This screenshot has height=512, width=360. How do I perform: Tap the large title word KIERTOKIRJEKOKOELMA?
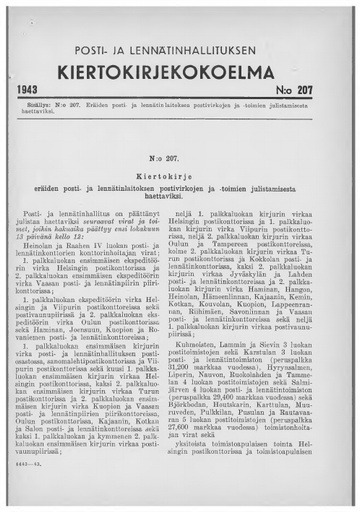point(181,69)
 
